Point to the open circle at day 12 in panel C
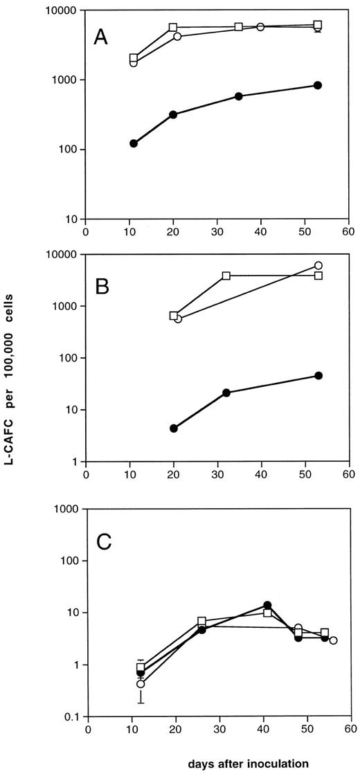[141, 684]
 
